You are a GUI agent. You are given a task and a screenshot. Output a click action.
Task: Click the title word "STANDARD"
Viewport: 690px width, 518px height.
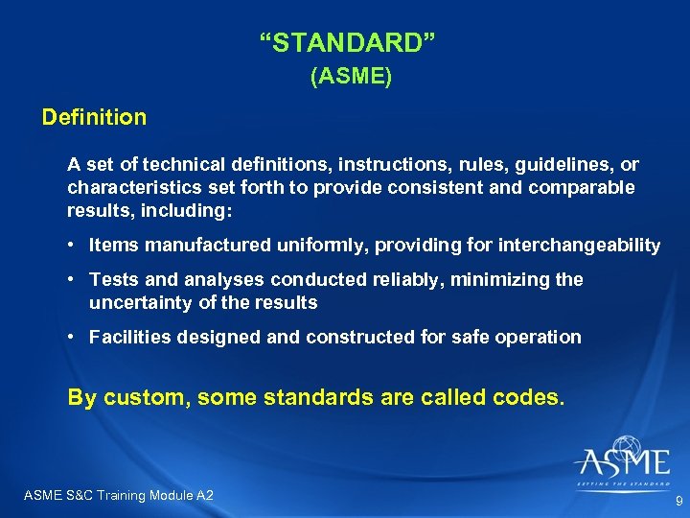(350, 42)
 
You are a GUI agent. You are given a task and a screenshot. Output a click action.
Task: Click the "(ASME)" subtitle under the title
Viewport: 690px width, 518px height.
(351, 78)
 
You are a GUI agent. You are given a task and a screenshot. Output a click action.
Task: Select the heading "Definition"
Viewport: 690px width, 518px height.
(94, 118)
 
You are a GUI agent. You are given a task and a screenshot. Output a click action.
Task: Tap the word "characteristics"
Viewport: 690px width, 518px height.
(126, 187)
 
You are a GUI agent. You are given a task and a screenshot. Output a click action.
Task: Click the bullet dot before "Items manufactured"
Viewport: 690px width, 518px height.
(73, 246)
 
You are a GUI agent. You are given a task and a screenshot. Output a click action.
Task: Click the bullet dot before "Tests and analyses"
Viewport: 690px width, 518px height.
(73, 280)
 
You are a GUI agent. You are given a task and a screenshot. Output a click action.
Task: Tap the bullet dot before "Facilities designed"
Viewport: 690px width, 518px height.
(73, 337)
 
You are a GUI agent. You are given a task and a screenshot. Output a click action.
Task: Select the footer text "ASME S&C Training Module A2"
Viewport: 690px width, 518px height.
(118, 495)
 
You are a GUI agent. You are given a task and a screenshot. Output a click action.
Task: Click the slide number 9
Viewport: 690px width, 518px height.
(678, 502)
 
